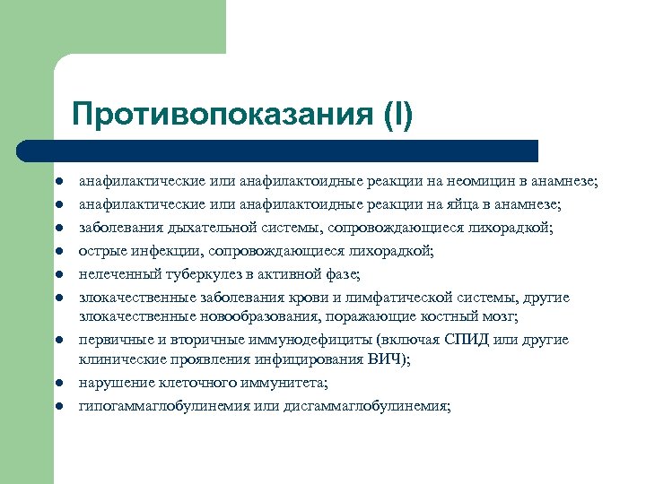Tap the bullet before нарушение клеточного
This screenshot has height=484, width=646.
click(x=56, y=383)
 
